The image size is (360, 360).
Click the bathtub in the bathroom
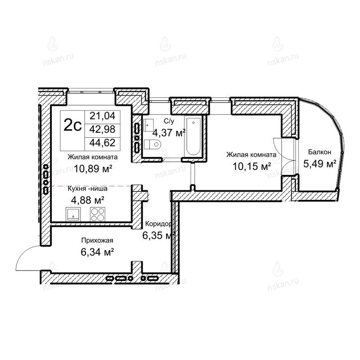[193, 136]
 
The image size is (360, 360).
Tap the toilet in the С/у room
[153, 144]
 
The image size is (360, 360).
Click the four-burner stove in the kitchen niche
[98, 214]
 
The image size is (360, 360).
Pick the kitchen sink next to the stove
[73, 214]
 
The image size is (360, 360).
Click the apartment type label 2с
[72, 126]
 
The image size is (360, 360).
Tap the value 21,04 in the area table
[103, 116]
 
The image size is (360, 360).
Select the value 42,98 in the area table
[103, 130]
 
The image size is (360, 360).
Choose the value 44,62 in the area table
[103, 143]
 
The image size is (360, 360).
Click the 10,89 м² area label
[93, 169]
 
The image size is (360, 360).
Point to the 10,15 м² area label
[252, 166]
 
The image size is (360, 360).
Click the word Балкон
[319, 152]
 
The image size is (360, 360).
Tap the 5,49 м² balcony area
[320, 164]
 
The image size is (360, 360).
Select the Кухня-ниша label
[87, 189]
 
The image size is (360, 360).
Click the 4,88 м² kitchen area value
[88, 200]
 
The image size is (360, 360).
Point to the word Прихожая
[97, 240]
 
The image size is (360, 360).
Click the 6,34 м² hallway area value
[97, 252]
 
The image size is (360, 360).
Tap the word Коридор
[158, 224]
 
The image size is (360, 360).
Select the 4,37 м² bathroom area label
[169, 133]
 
